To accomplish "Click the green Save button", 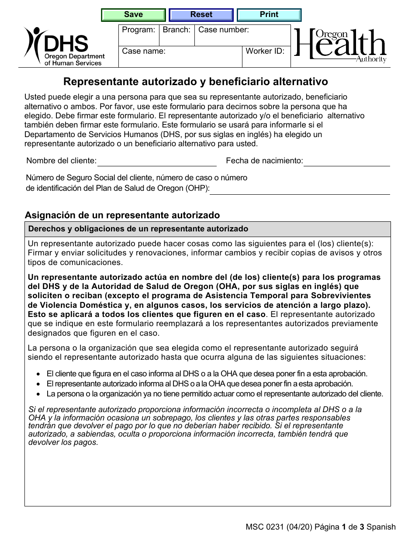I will (x=133, y=15).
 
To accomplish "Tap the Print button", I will (x=269, y=15).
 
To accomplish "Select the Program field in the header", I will (x=138, y=36).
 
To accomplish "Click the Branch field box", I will (x=176, y=36).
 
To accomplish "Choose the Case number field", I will (x=242, y=36).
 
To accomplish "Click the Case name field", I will (x=180, y=57).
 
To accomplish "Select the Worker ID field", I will (x=266, y=57).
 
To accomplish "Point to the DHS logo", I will (x=65, y=46).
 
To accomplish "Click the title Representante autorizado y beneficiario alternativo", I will (x=196, y=82).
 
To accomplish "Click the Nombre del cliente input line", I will (x=157, y=161).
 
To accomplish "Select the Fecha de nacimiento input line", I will (x=346, y=161).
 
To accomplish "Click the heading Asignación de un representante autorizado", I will (x=122, y=215).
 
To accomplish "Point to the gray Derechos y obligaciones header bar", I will (x=207, y=229).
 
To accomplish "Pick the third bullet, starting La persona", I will (x=214, y=394).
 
